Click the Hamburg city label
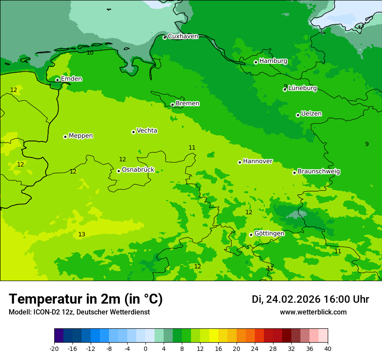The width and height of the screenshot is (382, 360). pos(273,61)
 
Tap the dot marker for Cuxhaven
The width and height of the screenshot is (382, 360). pos(165,38)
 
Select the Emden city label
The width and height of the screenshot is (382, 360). pos(71,79)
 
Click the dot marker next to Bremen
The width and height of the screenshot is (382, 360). pos(172,105)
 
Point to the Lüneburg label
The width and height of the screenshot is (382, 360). pos(302,88)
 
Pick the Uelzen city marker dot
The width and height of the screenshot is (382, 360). pos(298,115)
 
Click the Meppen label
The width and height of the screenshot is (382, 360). pos(80,136)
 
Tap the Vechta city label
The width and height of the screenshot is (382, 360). pos(147,131)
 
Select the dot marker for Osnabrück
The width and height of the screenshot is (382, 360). pos(119,171)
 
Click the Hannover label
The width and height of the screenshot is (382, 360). pos(257,161)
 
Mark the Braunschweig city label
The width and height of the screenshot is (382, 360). pos(319,172)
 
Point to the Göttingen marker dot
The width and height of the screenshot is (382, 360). pos(251,235)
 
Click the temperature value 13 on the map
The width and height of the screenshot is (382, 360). pos(82,235)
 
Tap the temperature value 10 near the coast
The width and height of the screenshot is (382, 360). pos(90,53)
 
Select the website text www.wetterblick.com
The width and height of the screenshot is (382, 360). pos(313,312)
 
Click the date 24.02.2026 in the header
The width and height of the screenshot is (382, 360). pos(293,299)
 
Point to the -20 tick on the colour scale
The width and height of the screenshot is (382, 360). pos(54,348)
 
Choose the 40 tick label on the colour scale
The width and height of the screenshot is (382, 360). pos(328,348)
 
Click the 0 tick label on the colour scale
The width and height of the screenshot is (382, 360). pos(145,348)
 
